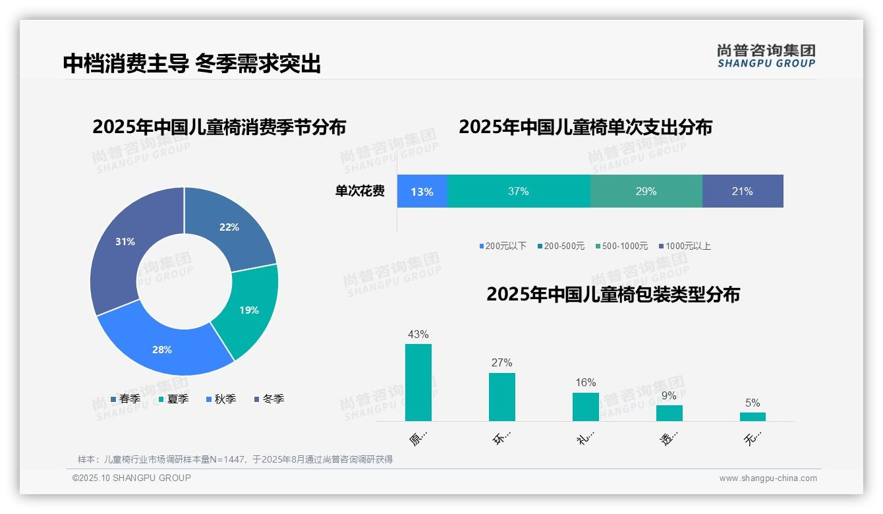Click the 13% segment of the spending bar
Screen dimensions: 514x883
click(x=422, y=192)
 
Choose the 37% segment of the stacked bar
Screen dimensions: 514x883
click(x=519, y=192)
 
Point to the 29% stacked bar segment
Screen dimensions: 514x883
click(x=646, y=192)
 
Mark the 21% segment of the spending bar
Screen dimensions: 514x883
click(x=742, y=192)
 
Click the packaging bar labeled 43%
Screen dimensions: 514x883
click(x=418, y=382)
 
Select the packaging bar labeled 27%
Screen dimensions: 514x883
click(x=502, y=397)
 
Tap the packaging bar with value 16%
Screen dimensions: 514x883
click(x=585, y=407)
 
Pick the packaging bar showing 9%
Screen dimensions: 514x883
click(x=669, y=413)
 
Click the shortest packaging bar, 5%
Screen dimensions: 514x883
click(x=753, y=416)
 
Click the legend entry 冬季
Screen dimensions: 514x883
click(x=269, y=399)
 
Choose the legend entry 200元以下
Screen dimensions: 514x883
click(x=503, y=246)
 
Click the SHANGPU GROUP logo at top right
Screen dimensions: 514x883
click(x=766, y=55)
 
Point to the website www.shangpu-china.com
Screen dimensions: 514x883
click(x=768, y=478)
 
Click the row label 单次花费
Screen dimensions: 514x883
click(x=360, y=192)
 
